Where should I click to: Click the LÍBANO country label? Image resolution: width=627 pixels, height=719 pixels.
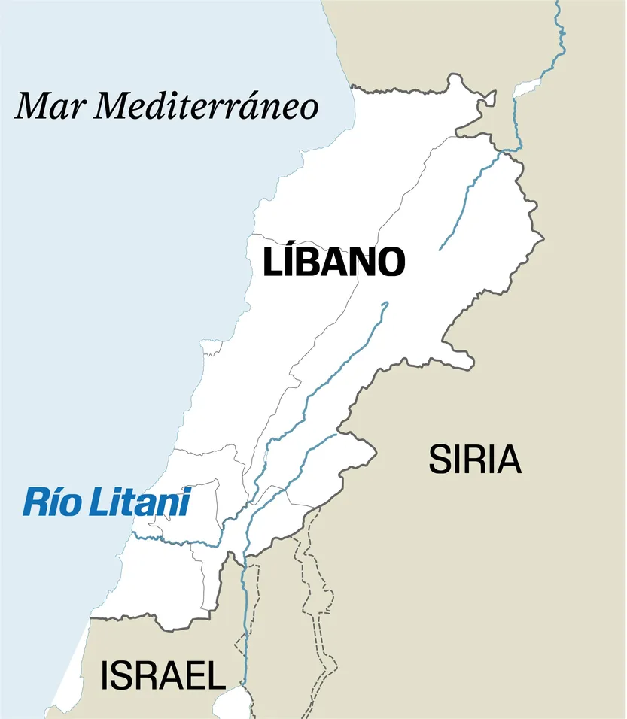click(334, 262)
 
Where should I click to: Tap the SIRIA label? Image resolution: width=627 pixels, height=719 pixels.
click(474, 460)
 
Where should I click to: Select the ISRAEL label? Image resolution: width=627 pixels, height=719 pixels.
click(163, 675)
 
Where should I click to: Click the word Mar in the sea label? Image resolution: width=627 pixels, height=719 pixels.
click(50, 106)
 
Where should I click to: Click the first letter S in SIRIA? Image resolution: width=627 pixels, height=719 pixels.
click(439, 460)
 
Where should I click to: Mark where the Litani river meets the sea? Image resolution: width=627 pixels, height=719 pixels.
click(133, 535)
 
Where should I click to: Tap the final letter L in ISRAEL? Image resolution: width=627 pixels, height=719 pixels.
click(216, 676)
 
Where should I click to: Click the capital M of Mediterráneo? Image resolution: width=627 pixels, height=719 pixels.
click(113, 106)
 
